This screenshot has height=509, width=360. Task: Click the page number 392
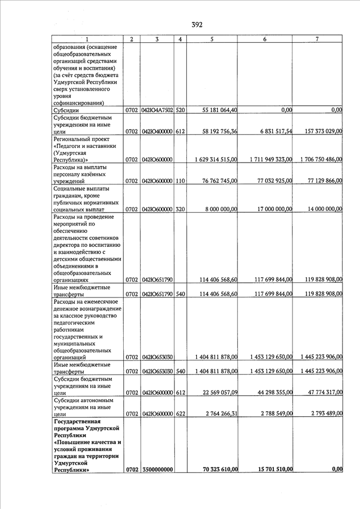click(x=197, y=24)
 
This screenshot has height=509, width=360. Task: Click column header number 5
click(x=211, y=39)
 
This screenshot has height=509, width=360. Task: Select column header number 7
click(x=318, y=39)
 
